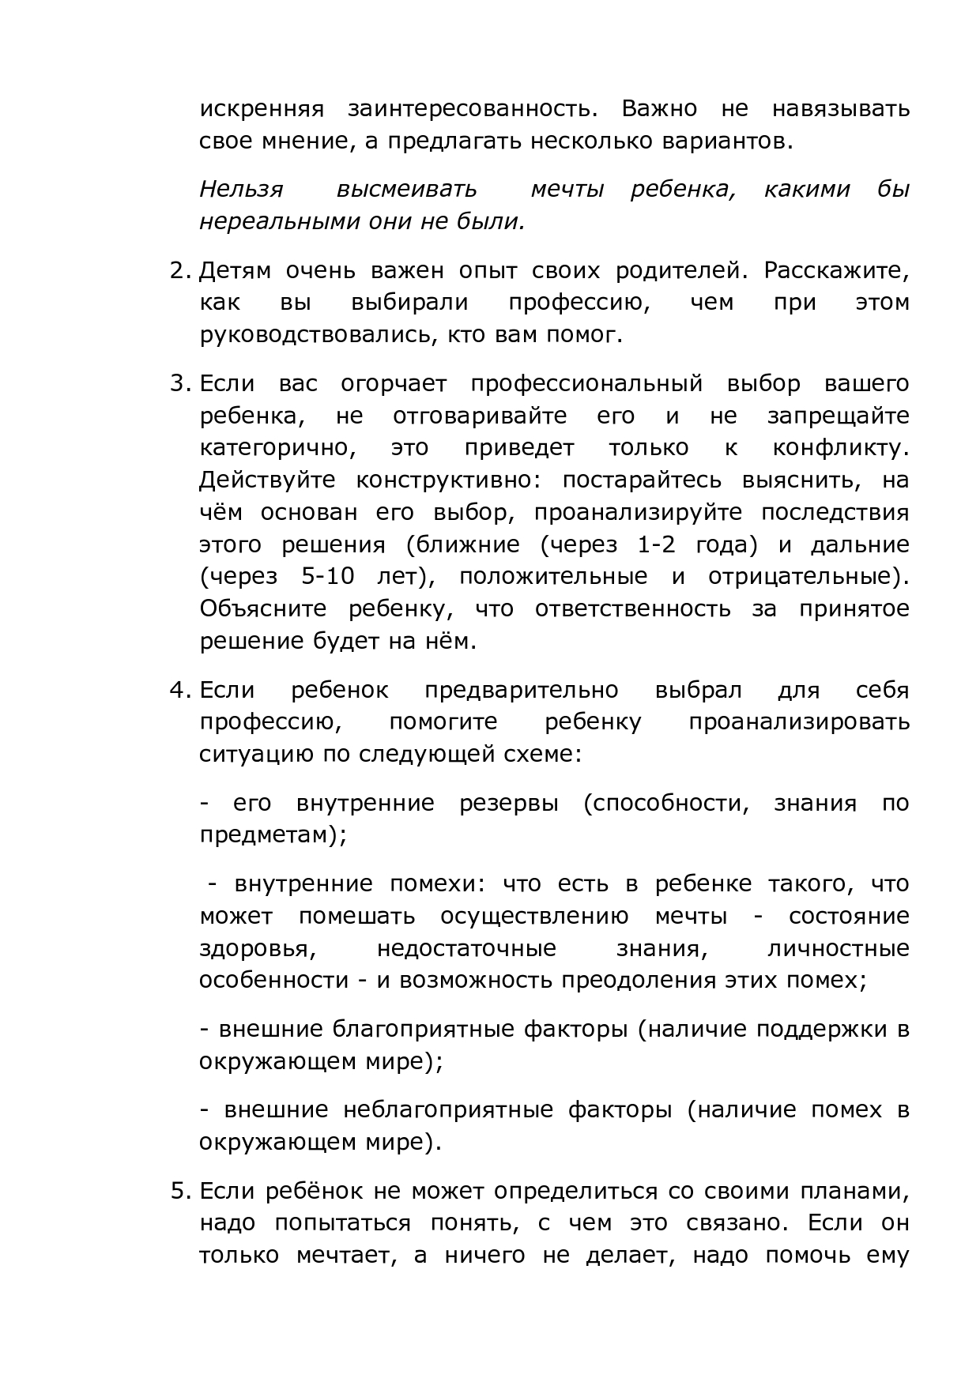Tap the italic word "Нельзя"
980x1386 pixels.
point(241,190)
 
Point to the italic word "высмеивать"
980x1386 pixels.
point(406,190)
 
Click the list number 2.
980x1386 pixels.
point(179,271)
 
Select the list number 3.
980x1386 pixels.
point(179,384)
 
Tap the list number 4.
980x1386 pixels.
point(179,691)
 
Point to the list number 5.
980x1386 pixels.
point(179,1191)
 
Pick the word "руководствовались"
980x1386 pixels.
point(315,336)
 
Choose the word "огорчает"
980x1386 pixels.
point(394,384)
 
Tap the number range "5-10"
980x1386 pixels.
point(328,578)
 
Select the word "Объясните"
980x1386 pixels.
point(263,609)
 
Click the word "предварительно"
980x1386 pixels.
point(522,691)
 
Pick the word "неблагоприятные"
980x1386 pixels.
point(447,1110)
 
